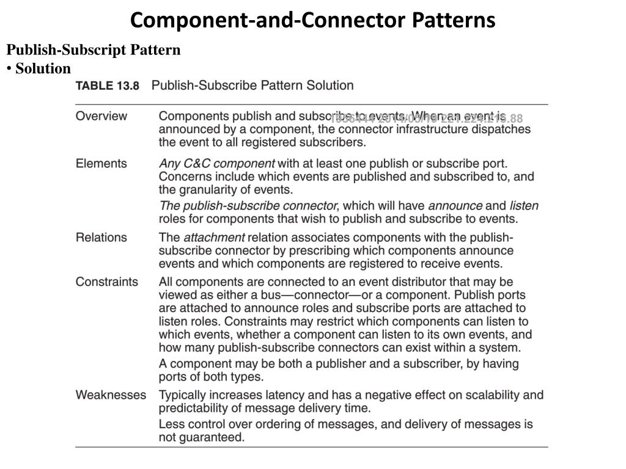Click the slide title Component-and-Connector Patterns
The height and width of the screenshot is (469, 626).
pos(312,20)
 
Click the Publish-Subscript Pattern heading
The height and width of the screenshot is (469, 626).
pos(94,50)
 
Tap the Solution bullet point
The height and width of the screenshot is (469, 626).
pos(43,68)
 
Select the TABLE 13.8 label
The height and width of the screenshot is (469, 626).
pos(108,86)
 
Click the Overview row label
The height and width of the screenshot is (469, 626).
pos(101,116)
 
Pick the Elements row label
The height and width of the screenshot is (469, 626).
pos(101,163)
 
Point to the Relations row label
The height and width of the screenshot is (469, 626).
pos(101,237)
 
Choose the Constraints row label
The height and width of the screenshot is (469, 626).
pos(107,282)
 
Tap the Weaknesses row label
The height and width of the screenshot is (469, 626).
pos(111,394)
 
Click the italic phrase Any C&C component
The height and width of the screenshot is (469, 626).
pos(217,164)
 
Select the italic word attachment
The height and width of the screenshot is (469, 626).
pos(214,238)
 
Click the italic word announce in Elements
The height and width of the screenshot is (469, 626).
pos(455,206)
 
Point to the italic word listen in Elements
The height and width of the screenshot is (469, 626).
pos(524,206)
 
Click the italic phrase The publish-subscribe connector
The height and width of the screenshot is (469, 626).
pos(248,206)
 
